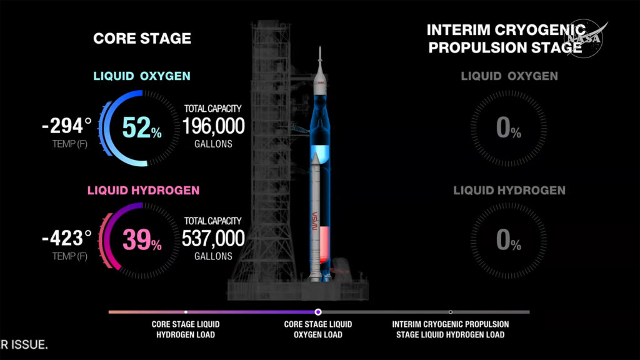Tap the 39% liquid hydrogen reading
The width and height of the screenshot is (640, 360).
[141, 239]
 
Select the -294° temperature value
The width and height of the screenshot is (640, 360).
[67, 127]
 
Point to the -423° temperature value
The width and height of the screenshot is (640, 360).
[67, 238]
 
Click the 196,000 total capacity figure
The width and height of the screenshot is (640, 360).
[213, 127]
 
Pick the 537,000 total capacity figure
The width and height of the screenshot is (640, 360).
[213, 239]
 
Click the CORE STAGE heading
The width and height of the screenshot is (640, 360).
[142, 38]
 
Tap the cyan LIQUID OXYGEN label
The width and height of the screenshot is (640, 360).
[142, 76]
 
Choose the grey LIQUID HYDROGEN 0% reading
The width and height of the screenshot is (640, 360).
[508, 241]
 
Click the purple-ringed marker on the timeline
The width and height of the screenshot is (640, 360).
[318, 311]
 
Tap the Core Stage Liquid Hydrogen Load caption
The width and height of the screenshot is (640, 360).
[186, 329]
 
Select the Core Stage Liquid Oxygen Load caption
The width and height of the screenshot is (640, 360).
[318, 329]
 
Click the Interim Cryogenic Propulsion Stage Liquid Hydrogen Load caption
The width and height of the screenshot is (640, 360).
[451, 329]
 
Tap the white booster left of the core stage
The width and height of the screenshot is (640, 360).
[316, 212]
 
